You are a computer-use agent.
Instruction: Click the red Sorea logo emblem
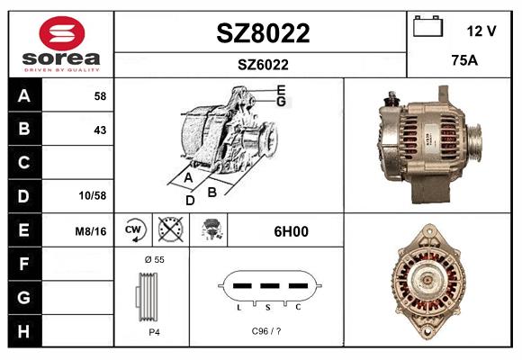[62, 33]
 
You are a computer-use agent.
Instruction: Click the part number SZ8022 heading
[263, 33]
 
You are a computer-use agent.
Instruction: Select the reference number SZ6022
[263, 65]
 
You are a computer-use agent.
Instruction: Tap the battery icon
[427, 26]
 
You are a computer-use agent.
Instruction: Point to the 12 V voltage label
[481, 31]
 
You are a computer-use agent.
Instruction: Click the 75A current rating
[464, 60]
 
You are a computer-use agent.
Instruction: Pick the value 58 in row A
[100, 96]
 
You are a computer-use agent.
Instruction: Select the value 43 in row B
[100, 130]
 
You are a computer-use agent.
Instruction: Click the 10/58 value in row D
[93, 195]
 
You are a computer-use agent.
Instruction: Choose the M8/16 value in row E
[91, 231]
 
